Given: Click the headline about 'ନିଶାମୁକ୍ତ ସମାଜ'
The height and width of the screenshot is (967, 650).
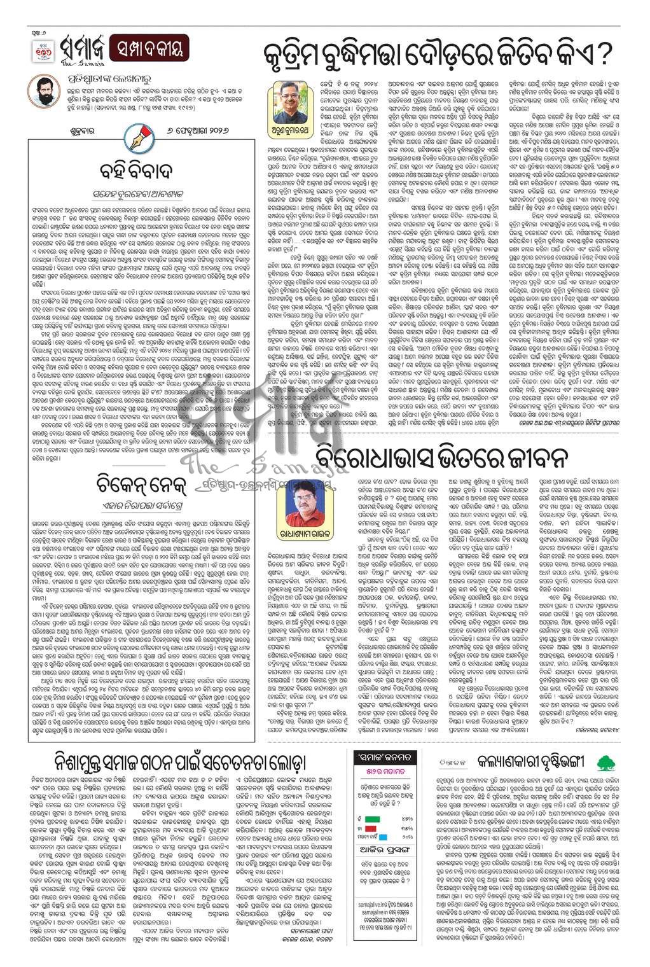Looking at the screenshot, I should (x=181, y=763).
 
